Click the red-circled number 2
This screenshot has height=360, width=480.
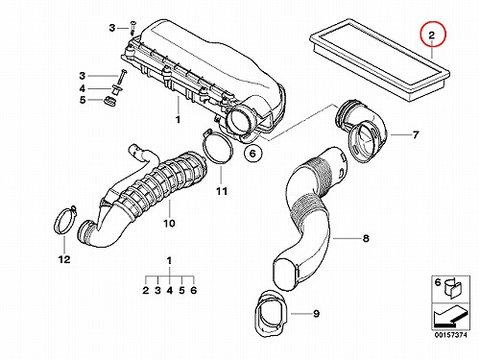point(432,35)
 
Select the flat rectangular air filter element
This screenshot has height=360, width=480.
point(380,60)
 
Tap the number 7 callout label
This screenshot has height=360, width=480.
point(416,134)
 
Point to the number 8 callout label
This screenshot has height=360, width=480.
point(366,238)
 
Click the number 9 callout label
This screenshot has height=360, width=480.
point(316,313)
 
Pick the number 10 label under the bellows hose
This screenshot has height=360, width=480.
point(169,223)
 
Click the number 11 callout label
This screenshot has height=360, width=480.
point(222,191)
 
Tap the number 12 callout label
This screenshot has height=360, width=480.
point(64,259)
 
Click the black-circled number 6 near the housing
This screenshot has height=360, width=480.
point(252,154)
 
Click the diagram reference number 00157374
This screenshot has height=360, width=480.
point(450,335)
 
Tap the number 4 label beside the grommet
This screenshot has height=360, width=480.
point(83,88)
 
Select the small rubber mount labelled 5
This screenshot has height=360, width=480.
point(109,101)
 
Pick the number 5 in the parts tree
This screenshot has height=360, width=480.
point(181,290)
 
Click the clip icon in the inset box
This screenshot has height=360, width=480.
point(452,288)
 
